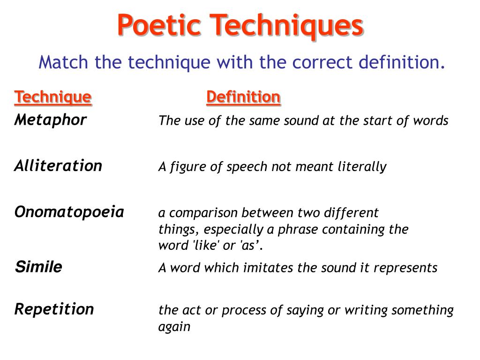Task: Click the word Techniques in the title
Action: click(x=286, y=26)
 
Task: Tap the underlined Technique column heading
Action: click(x=53, y=97)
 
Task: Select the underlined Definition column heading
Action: click(x=243, y=97)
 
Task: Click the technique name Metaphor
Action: click(x=51, y=120)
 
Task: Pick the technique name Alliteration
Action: click(x=58, y=165)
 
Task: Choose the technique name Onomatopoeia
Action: click(x=69, y=212)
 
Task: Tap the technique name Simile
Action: click(x=38, y=267)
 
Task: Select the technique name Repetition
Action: click(x=54, y=309)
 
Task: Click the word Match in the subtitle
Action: click(x=63, y=62)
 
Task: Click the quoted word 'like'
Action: click(x=207, y=246)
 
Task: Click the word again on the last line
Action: click(x=174, y=327)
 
